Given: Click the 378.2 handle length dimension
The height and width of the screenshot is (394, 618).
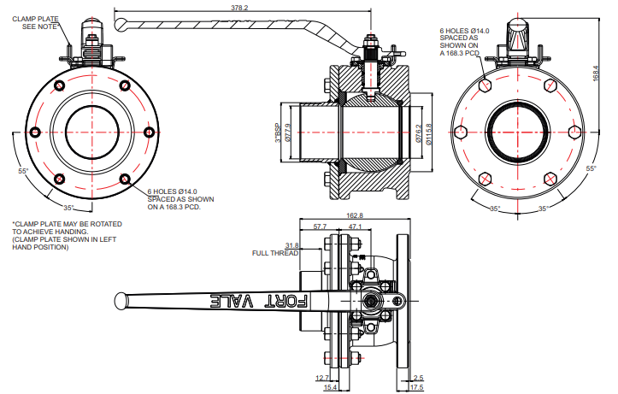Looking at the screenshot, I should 240,8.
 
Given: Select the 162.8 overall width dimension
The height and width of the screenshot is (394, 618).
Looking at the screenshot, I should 355,215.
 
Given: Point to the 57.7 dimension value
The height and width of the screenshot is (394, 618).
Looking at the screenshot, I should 321,226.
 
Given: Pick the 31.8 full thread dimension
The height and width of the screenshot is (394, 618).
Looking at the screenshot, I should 291,245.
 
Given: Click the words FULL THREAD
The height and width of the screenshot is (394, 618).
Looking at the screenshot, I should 274,253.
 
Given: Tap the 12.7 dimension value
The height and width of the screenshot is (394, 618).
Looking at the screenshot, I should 321,377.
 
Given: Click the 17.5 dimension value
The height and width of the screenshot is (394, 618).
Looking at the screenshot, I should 416,388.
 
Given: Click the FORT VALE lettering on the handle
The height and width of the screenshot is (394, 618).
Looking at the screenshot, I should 260,301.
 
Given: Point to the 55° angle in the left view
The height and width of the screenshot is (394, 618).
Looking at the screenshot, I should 23,171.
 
